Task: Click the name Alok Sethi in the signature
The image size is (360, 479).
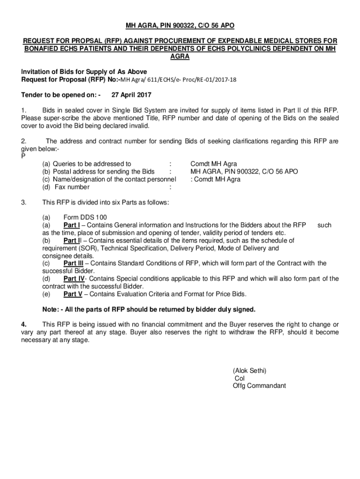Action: coord(250,370)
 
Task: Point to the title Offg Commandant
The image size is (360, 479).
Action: coord(259,386)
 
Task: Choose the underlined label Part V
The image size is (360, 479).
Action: coord(72,294)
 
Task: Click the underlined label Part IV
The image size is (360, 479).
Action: coord(73,279)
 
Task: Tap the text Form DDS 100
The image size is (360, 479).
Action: coord(85,218)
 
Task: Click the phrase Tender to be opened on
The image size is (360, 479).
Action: coord(61,95)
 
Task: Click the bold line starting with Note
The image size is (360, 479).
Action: coord(149,309)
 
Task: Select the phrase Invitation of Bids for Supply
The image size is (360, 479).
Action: coord(84,72)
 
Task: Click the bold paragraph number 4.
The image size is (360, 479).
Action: coord(23,324)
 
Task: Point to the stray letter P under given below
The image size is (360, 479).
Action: coord(23,156)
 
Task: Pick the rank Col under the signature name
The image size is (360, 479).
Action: coord(239,378)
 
